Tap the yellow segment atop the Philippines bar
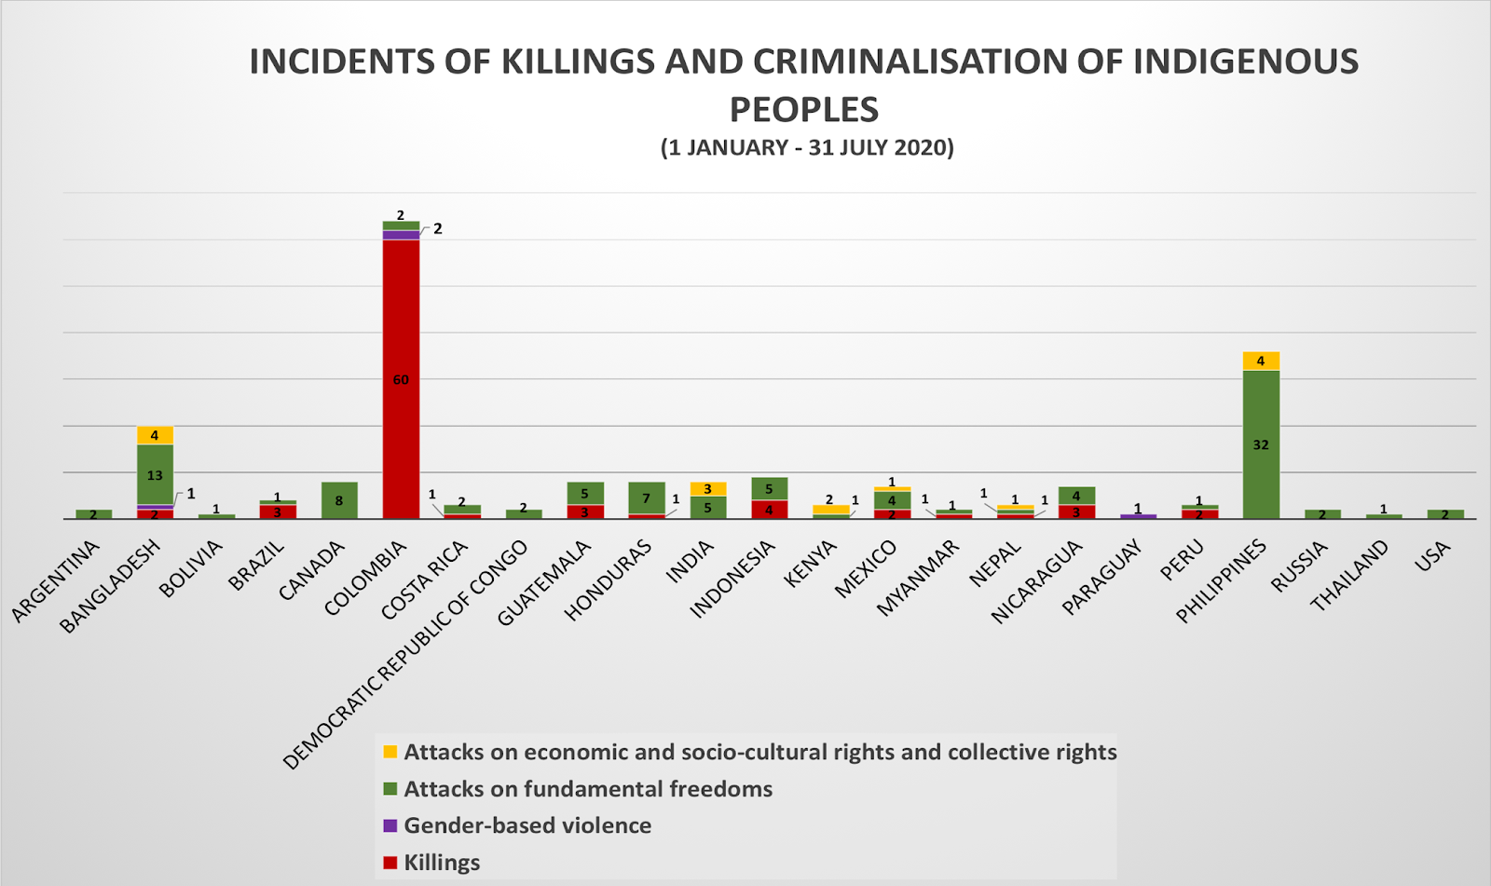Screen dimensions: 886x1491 coord(1261,361)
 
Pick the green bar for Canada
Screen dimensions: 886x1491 coord(339,500)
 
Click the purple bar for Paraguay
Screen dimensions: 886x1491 coord(1138,516)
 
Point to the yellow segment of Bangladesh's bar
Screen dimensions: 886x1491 coord(155,436)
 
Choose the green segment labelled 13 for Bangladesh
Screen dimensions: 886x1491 coord(155,474)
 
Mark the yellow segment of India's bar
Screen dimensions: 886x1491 coord(707,489)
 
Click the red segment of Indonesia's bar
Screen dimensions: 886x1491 coord(769,510)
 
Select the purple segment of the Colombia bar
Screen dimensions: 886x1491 coord(401,235)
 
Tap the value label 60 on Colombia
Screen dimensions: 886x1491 coord(401,380)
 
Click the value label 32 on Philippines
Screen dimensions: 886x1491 coord(1261,445)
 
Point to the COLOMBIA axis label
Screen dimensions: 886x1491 coord(365,579)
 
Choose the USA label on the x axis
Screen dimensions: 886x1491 coord(1433,554)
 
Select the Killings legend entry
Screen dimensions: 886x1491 coord(441,862)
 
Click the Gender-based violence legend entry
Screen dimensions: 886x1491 coord(527,825)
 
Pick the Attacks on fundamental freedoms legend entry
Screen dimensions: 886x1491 coord(587,789)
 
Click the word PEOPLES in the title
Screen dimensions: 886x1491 coord(803,110)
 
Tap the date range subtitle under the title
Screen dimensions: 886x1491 coord(807,148)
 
